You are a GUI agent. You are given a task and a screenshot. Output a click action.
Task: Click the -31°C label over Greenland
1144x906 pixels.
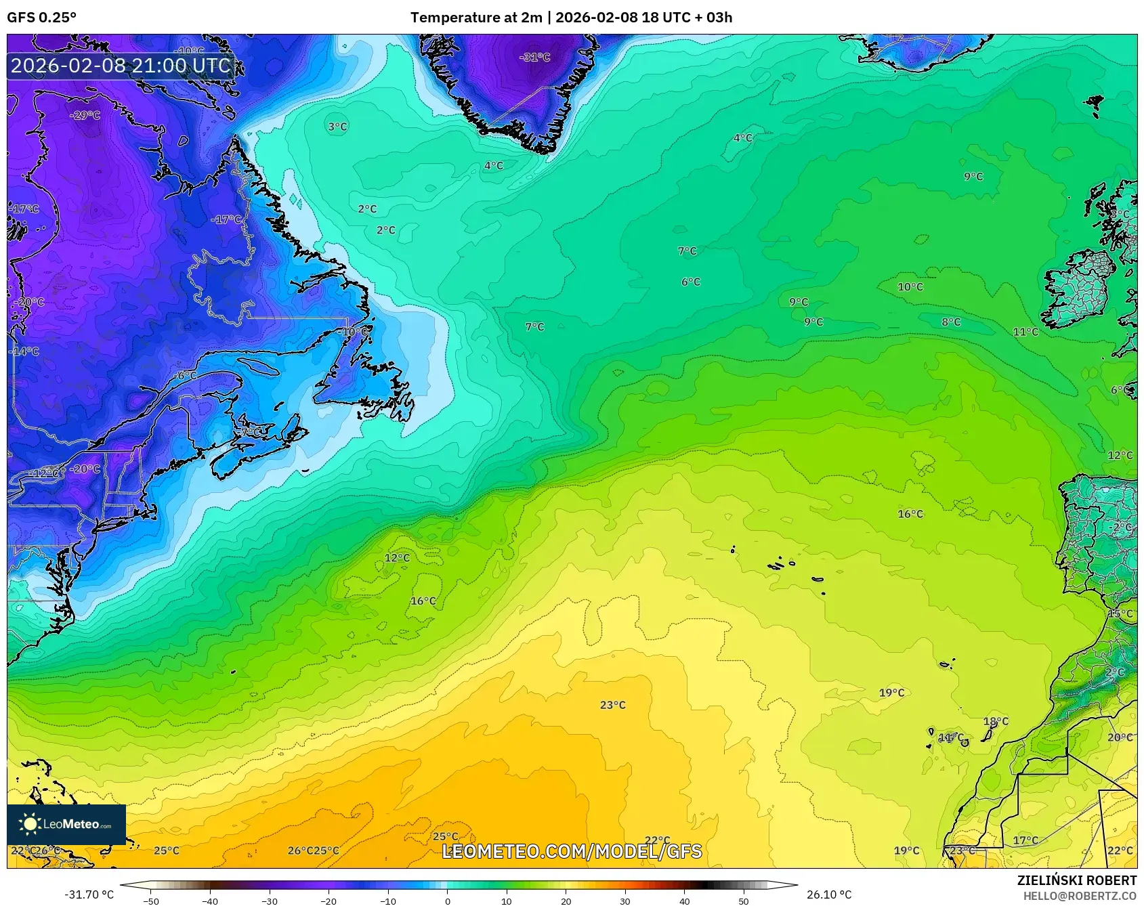[x=535, y=58]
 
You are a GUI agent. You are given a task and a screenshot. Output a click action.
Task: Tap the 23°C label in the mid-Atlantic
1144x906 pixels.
[x=612, y=705]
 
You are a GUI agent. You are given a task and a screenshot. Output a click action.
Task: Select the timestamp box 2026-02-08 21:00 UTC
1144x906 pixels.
[x=121, y=66]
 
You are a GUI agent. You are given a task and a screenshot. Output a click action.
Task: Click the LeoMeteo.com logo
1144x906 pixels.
[x=66, y=824]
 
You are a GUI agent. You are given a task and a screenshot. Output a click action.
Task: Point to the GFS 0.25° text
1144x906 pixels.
[x=42, y=18]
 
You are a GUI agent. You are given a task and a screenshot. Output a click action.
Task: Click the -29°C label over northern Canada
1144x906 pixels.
[x=85, y=115]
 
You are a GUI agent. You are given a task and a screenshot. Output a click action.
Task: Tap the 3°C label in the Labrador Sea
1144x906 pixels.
[x=337, y=127]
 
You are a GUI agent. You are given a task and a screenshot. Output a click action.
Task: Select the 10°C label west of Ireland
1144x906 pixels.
[x=910, y=287]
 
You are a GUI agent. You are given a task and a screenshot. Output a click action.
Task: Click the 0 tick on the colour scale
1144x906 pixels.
[x=447, y=901]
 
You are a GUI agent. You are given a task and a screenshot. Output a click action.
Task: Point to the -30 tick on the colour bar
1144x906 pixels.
[x=269, y=901]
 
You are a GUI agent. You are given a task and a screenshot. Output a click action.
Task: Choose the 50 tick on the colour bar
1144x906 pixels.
[x=744, y=901]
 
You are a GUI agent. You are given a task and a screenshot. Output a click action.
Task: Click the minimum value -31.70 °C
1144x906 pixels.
[x=89, y=894]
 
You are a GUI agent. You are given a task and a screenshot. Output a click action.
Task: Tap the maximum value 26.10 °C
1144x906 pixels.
[x=828, y=894]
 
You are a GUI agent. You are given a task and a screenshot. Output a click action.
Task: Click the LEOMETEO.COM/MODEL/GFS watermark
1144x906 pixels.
[x=572, y=851]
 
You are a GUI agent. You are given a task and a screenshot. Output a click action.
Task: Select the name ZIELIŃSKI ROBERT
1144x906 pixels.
[x=1077, y=880]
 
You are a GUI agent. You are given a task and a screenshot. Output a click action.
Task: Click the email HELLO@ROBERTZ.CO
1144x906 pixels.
[x=1080, y=896]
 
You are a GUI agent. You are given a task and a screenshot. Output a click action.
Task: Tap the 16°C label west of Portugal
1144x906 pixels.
[x=910, y=514]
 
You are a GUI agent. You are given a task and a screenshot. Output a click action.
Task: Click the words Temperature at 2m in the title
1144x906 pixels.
[x=475, y=18]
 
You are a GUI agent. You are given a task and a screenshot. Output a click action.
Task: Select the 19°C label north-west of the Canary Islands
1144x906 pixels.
[x=891, y=693]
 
